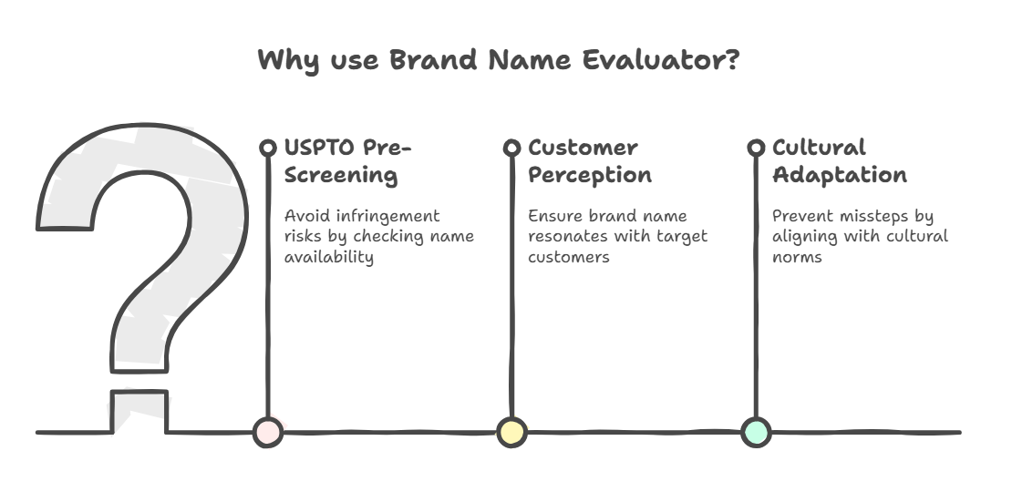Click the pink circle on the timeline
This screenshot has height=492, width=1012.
268,432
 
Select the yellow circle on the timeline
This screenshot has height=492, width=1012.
511,432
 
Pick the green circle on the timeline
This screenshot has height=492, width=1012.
756,432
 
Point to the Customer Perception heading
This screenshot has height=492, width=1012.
589,160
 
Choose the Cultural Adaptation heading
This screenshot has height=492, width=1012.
839,160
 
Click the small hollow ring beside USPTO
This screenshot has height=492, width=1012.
268,148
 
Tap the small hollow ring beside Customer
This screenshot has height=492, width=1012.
511,148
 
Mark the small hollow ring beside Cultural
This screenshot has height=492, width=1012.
756,148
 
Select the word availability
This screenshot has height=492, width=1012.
329,258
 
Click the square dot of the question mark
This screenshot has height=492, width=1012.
139,413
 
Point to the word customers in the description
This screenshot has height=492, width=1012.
569,258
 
